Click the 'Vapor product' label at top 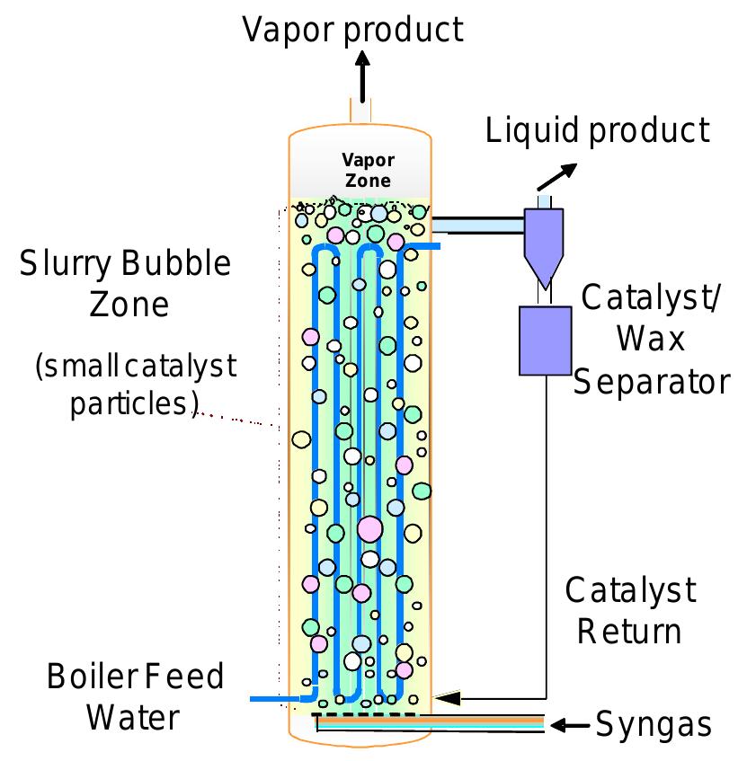[352, 29]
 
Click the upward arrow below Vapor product [361, 75]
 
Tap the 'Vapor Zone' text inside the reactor [368, 170]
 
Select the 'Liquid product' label [597, 130]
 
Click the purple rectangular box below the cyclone [545, 340]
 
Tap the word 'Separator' [652, 382]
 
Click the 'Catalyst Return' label [629, 610]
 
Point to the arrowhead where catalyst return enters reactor [446, 697]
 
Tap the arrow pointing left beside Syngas [570, 724]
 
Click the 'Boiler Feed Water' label [135, 696]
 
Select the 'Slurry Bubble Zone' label [126, 283]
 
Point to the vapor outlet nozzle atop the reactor [361, 114]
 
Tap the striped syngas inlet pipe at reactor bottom [431, 721]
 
